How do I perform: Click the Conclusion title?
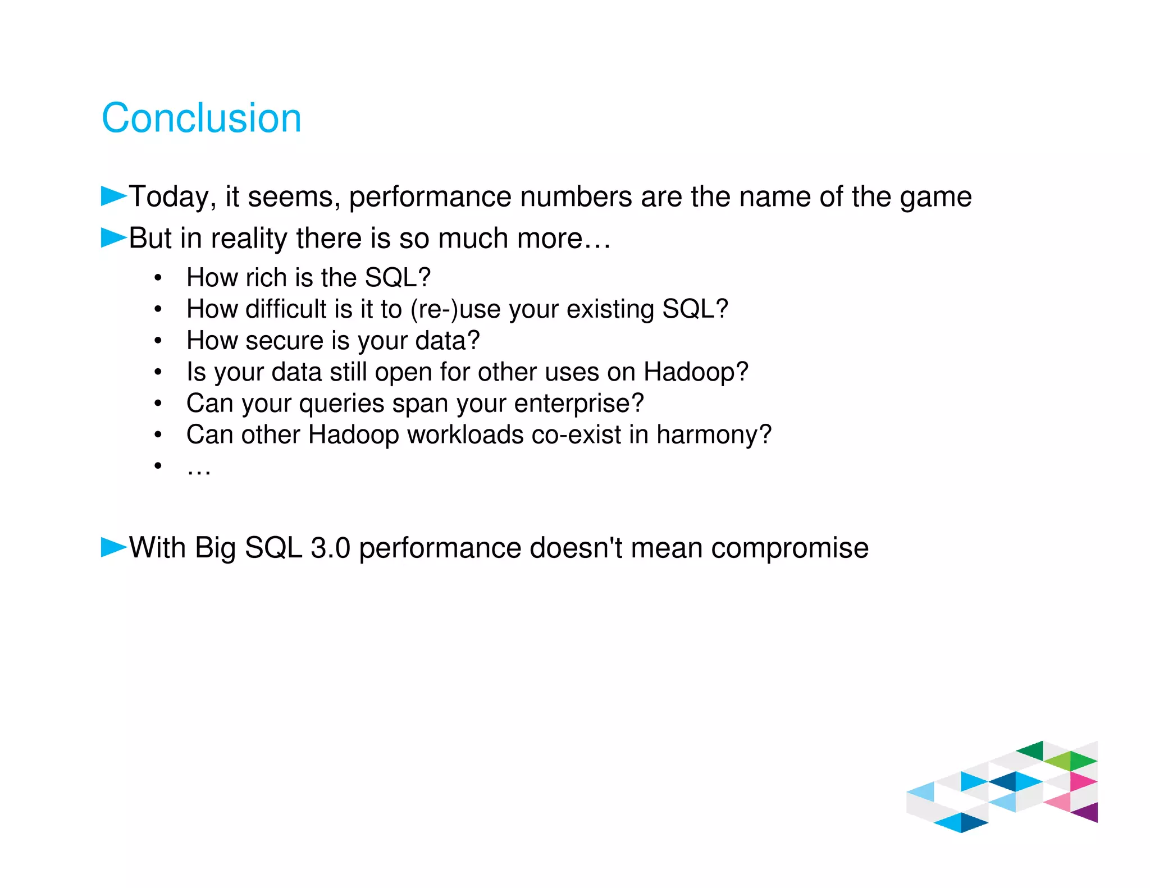(201, 118)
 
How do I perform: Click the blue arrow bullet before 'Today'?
(113, 196)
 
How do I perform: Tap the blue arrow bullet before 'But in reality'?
(113, 238)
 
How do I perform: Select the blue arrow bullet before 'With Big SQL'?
(113, 547)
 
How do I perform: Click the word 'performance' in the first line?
(430, 198)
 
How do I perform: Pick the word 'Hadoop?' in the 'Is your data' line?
(696, 372)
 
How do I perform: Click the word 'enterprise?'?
(578, 404)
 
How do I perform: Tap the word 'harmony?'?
(714, 435)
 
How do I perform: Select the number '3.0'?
(330, 548)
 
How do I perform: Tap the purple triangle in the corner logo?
(1088, 813)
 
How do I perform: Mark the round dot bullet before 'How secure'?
(158, 341)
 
